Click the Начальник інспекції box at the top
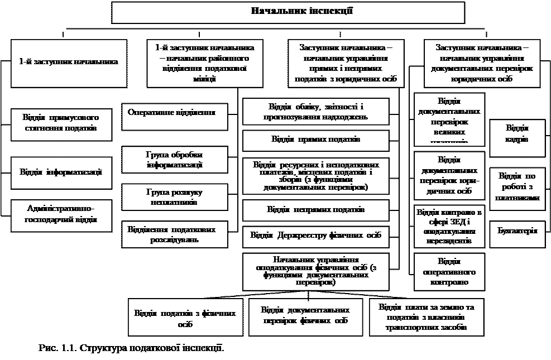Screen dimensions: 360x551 [288, 12]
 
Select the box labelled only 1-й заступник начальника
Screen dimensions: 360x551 [69, 62]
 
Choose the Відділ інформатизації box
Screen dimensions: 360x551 [61, 172]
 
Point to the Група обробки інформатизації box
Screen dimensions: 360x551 [175, 160]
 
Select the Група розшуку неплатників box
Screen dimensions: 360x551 [175, 196]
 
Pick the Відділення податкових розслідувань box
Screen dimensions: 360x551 [175, 234]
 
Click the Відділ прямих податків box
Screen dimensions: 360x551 [315, 140]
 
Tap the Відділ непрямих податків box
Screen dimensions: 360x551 [315, 210]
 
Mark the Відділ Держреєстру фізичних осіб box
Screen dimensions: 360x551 [315, 236]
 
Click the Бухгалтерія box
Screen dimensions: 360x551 [518, 230]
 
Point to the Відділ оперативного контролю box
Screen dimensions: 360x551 [449, 272]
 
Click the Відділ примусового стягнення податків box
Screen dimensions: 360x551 [61, 124]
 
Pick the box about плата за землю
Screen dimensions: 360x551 [425, 317]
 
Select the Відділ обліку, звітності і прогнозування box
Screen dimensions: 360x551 [315, 112]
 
